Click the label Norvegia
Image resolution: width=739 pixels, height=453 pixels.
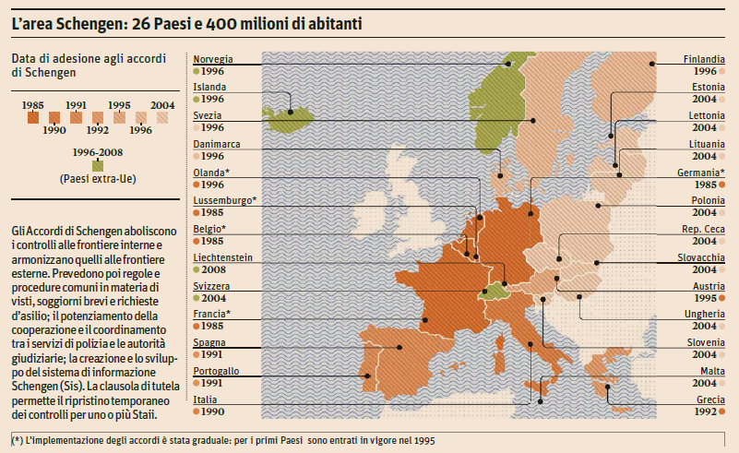click(x=214, y=59)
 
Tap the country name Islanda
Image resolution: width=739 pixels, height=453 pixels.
click(x=209, y=87)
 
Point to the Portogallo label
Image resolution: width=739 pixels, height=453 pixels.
click(x=217, y=371)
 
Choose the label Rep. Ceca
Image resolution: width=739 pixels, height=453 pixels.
click(x=703, y=229)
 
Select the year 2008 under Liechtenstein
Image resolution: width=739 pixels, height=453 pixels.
click(x=213, y=269)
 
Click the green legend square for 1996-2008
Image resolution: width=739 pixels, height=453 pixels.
click(x=85, y=165)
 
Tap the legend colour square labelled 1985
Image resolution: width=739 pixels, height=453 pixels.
click(x=34, y=117)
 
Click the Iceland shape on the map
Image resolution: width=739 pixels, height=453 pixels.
click(x=285, y=114)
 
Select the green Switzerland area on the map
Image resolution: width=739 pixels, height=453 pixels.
click(x=495, y=291)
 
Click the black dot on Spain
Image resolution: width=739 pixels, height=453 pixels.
click(x=399, y=348)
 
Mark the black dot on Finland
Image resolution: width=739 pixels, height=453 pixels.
click(x=651, y=64)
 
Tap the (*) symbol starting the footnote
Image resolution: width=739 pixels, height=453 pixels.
click(x=18, y=440)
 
